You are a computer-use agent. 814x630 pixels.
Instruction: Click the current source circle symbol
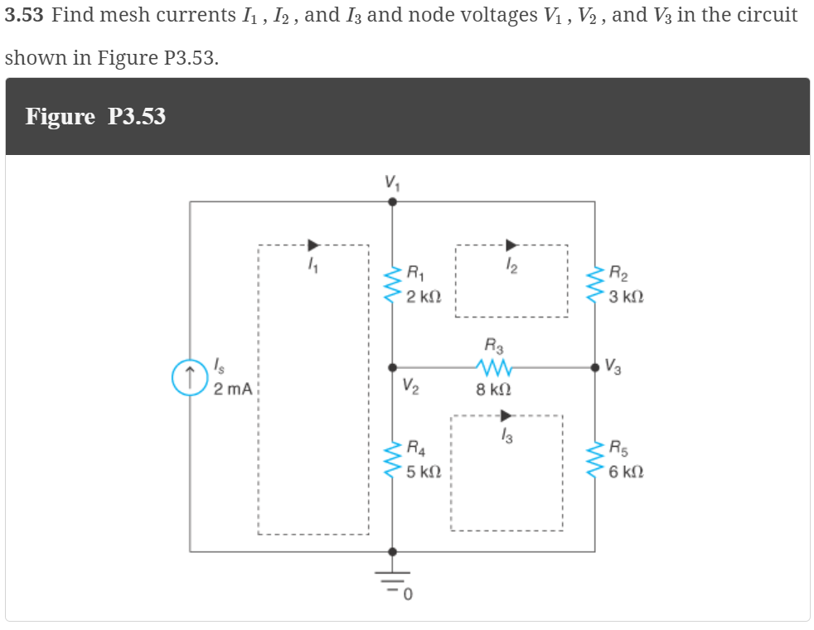click(190, 376)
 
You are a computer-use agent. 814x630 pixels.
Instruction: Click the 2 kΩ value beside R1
click(424, 296)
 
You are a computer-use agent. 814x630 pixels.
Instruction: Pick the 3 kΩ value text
click(626, 297)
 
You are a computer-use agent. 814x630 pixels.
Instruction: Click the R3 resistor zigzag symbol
click(495, 366)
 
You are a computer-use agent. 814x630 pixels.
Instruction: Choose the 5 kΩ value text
click(424, 472)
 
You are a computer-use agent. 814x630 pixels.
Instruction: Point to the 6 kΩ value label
click(626, 472)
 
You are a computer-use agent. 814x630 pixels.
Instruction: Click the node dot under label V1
click(393, 201)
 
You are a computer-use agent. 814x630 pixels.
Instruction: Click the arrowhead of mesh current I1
click(313, 245)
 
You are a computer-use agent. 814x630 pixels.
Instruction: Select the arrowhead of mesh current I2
click(511, 245)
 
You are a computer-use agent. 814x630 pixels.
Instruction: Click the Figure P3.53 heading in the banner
click(95, 117)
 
